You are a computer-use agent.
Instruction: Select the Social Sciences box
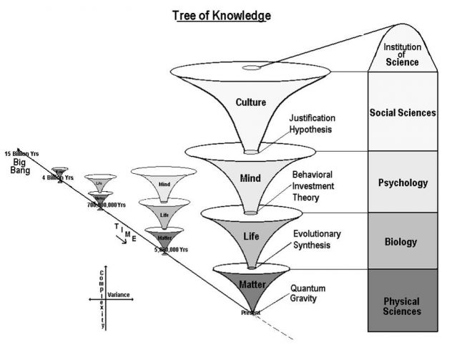pyautogui.click(x=402, y=112)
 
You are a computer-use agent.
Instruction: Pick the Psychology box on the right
pyautogui.click(x=402, y=183)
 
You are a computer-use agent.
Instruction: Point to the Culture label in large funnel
pyautogui.click(x=250, y=102)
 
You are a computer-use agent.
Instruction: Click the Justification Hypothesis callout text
pyautogui.click(x=311, y=125)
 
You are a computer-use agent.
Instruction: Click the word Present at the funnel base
pyautogui.click(x=250, y=313)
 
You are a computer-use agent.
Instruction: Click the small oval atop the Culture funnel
pyautogui.click(x=251, y=68)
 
